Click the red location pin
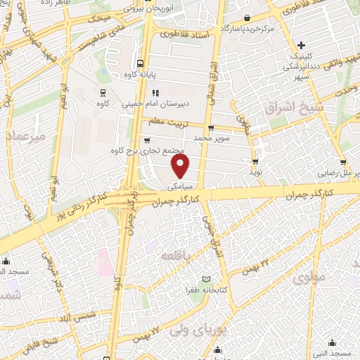(181, 166)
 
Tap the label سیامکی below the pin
(181, 186)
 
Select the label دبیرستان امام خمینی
(167, 103)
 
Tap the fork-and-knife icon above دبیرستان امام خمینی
(156, 92)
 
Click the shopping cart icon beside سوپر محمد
(211, 128)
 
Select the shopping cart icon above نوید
(255, 160)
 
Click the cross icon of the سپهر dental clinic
(301, 45)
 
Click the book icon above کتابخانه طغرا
(206, 280)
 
